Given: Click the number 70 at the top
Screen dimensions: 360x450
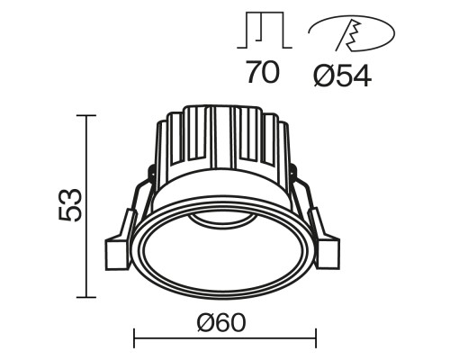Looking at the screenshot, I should [262, 72].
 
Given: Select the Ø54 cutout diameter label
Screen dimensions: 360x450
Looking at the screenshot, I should [344, 73].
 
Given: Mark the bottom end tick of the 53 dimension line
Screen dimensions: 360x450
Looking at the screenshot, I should [86, 297].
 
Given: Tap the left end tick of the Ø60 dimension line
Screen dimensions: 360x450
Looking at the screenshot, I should [134, 338].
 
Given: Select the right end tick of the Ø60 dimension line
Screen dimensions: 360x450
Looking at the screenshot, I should [314, 338].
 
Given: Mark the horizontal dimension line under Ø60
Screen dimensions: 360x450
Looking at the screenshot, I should [224, 338].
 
